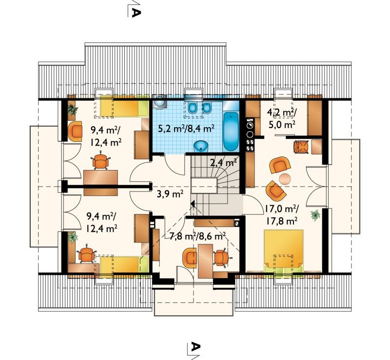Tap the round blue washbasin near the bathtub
[201, 146]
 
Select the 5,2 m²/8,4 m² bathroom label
[186, 129]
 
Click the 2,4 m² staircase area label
[223, 163]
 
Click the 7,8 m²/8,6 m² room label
[197, 235]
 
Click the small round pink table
[285, 179]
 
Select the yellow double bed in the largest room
[284, 251]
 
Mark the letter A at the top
[136, 12]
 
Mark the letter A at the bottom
[196, 346]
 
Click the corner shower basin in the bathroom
[158, 102]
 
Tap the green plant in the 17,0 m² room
[315, 214]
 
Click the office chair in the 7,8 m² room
[221, 257]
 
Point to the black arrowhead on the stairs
[192, 203]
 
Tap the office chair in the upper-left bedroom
[101, 162]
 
